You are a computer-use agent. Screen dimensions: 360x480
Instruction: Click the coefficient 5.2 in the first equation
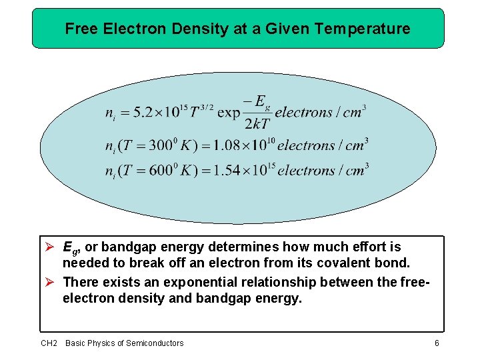click(x=143, y=112)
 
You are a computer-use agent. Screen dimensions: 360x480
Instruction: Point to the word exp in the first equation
click(x=229, y=112)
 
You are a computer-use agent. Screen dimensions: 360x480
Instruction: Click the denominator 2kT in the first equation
click(x=257, y=124)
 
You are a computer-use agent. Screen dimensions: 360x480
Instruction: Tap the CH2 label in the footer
click(x=49, y=343)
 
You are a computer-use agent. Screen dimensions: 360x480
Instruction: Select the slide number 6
click(x=436, y=343)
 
